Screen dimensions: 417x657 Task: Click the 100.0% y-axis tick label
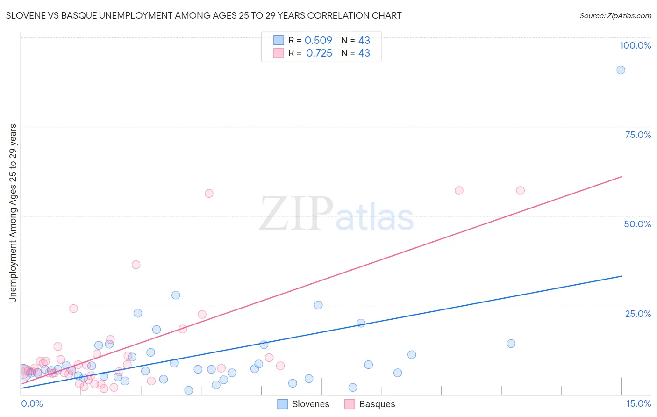635,45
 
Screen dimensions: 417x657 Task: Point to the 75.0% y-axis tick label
638,135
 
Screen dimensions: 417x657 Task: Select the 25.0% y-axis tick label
638,313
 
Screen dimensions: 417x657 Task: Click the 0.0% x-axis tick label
32,403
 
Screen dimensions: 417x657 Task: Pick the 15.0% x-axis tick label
638,403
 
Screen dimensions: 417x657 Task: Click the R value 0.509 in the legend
318,41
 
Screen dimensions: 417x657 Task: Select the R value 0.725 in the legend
319,53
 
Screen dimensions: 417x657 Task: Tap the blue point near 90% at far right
621,70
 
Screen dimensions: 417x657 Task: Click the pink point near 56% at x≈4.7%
209,194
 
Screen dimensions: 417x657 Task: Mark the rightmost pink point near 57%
520,190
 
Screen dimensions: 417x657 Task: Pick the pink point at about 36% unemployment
136,265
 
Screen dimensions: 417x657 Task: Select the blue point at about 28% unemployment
176,295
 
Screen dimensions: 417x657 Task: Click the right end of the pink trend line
621,177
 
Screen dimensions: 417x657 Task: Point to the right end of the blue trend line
621,276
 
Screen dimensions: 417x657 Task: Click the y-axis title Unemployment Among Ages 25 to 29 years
13,213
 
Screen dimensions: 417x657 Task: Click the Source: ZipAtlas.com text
615,16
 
